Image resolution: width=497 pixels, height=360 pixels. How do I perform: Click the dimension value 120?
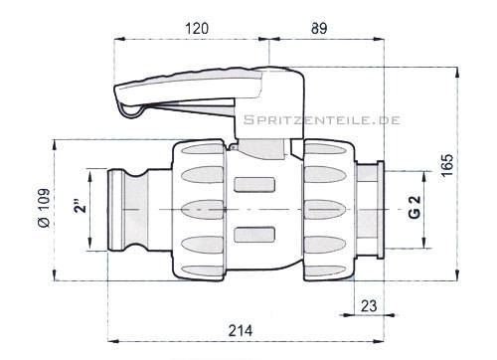click(x=197, y=28)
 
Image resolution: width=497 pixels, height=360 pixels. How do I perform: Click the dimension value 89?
click(x=319, y=28)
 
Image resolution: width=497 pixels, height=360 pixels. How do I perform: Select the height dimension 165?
click(x=447, y=165)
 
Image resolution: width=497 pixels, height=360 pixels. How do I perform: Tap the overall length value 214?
click(x=241, y=330)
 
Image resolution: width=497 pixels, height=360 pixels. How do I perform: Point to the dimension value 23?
click(x=369, y=306)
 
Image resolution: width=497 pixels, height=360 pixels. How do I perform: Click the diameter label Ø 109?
click(x=44, y=208)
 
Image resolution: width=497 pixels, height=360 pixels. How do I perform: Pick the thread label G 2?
click(x=415, y=207)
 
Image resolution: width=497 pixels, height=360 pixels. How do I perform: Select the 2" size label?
click(x=81, y=206)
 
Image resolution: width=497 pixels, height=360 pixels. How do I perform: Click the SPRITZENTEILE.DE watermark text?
click(x=322, y=120)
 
